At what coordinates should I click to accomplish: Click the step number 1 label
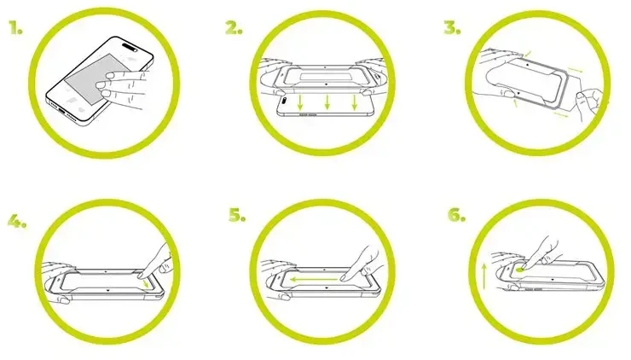pos(15,28)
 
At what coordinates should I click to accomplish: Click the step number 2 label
pos(234,28)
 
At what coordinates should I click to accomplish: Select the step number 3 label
pos(452,28)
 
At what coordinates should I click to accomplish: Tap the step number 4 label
pos(17,220)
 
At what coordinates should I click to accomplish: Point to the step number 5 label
pos(237,215)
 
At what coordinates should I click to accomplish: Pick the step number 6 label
pos(457,215)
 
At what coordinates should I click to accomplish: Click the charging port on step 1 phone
pos(65,109)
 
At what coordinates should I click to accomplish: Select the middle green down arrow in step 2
pos(327,102)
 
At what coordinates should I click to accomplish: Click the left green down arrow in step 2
pos(300,102)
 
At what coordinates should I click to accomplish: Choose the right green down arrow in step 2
pos(354,102)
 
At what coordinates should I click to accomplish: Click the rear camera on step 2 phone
pos(284,100)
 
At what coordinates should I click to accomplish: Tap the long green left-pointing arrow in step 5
pos(314,279)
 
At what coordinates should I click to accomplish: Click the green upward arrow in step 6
pos(484,276)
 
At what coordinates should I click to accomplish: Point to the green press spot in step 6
pos(520,269)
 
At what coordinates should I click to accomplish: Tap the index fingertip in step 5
pos(344,277)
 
